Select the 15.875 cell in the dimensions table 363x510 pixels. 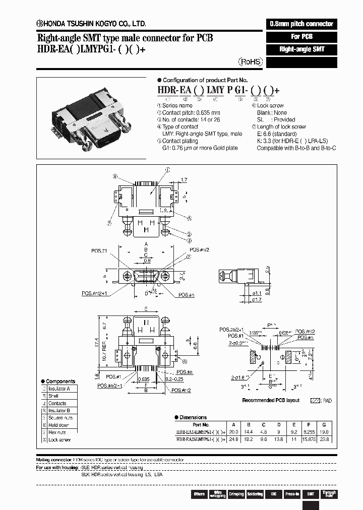click(309, 439)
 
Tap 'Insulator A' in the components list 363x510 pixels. click(59, 389)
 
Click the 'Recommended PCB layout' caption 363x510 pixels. click(271, 400)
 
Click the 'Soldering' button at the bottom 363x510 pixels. click(255, 494)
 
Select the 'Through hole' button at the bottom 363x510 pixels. click(329, 494)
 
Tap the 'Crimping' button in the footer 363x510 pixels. click(236, 494)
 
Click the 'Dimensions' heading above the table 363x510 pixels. click(193, 417)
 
